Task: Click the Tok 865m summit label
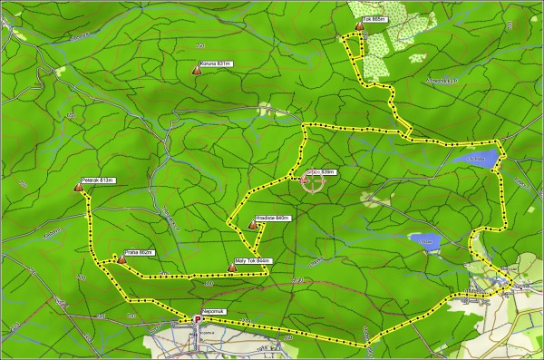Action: click(373, 18)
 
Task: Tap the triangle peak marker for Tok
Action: click(360, 27)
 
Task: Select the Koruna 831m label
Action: click(217, 63)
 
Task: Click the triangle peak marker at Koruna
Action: click(197, 70)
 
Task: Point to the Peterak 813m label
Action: click(95, 180)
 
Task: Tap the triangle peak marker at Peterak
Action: click(77, 188)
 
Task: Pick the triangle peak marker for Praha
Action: click(121, 260)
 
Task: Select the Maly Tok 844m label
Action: click(252, 261)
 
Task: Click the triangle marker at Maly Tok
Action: click(233, 268)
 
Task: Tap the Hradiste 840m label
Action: click(272, 218)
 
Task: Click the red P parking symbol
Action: click(197, 319)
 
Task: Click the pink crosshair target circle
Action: click(313, 183)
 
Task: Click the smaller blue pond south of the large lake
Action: click(426, 242)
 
